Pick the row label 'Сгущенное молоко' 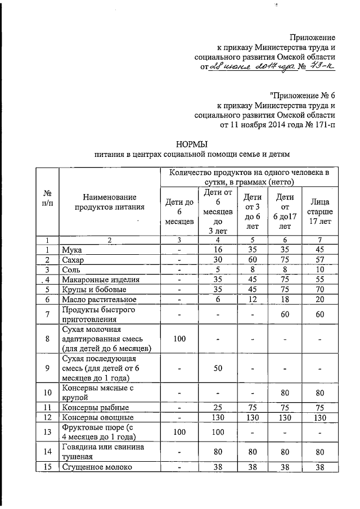(95, 467)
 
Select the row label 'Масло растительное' (98, 300)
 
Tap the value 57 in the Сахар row (319, 259)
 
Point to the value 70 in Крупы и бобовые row (319, 290)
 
